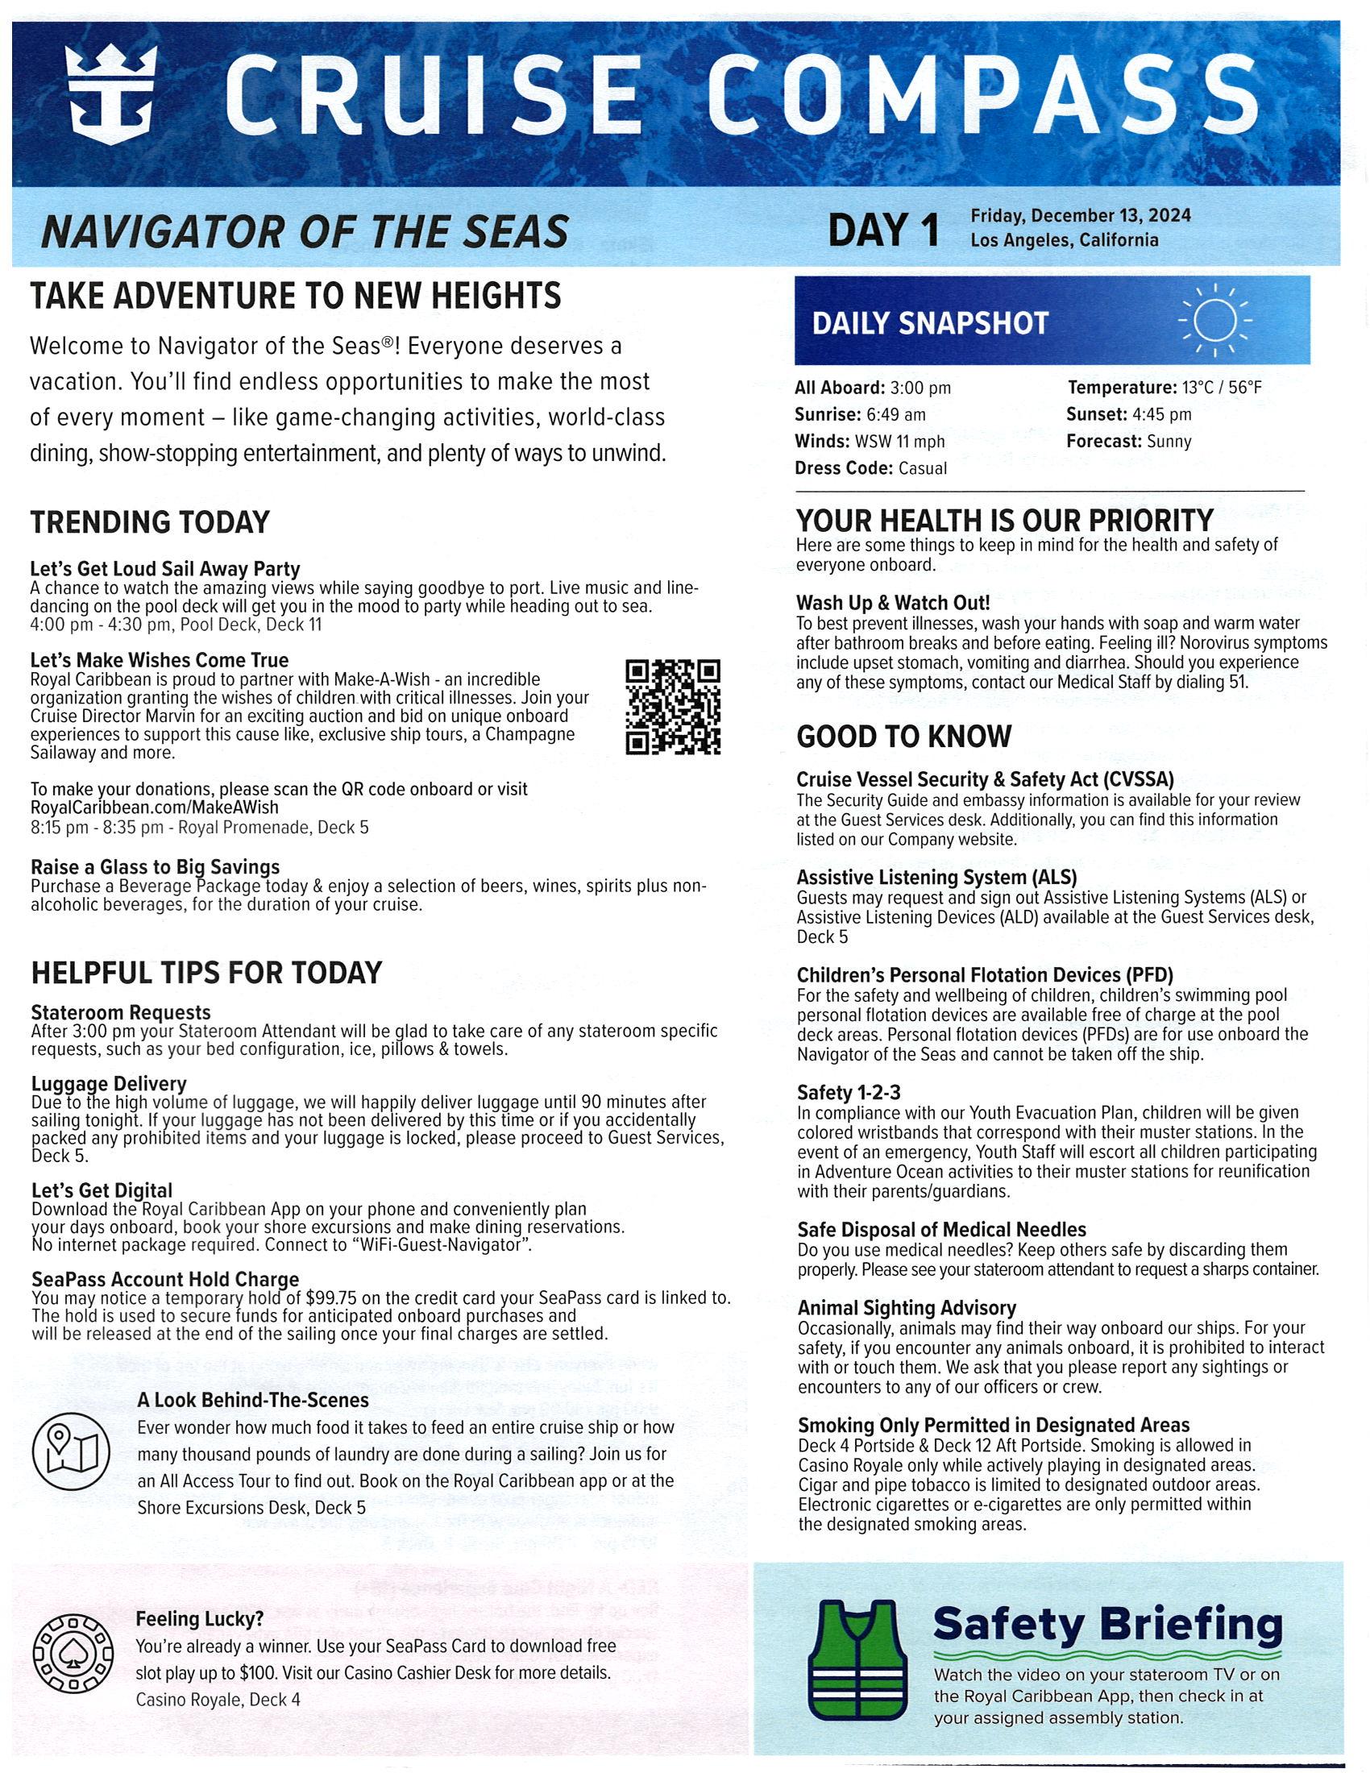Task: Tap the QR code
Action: (673, 707)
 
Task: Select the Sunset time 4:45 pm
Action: (1164, 415)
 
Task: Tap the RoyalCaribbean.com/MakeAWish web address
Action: (154, 808)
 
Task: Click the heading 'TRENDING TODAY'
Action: (149, 522)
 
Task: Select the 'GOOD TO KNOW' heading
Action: (903, 737)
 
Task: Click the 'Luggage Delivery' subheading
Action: (109, 1084)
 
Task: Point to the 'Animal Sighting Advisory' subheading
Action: (907, 1308)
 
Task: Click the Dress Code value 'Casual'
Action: (923, 468)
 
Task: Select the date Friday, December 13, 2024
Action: (1080, 216)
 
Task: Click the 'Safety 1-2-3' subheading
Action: (848, 1094)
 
